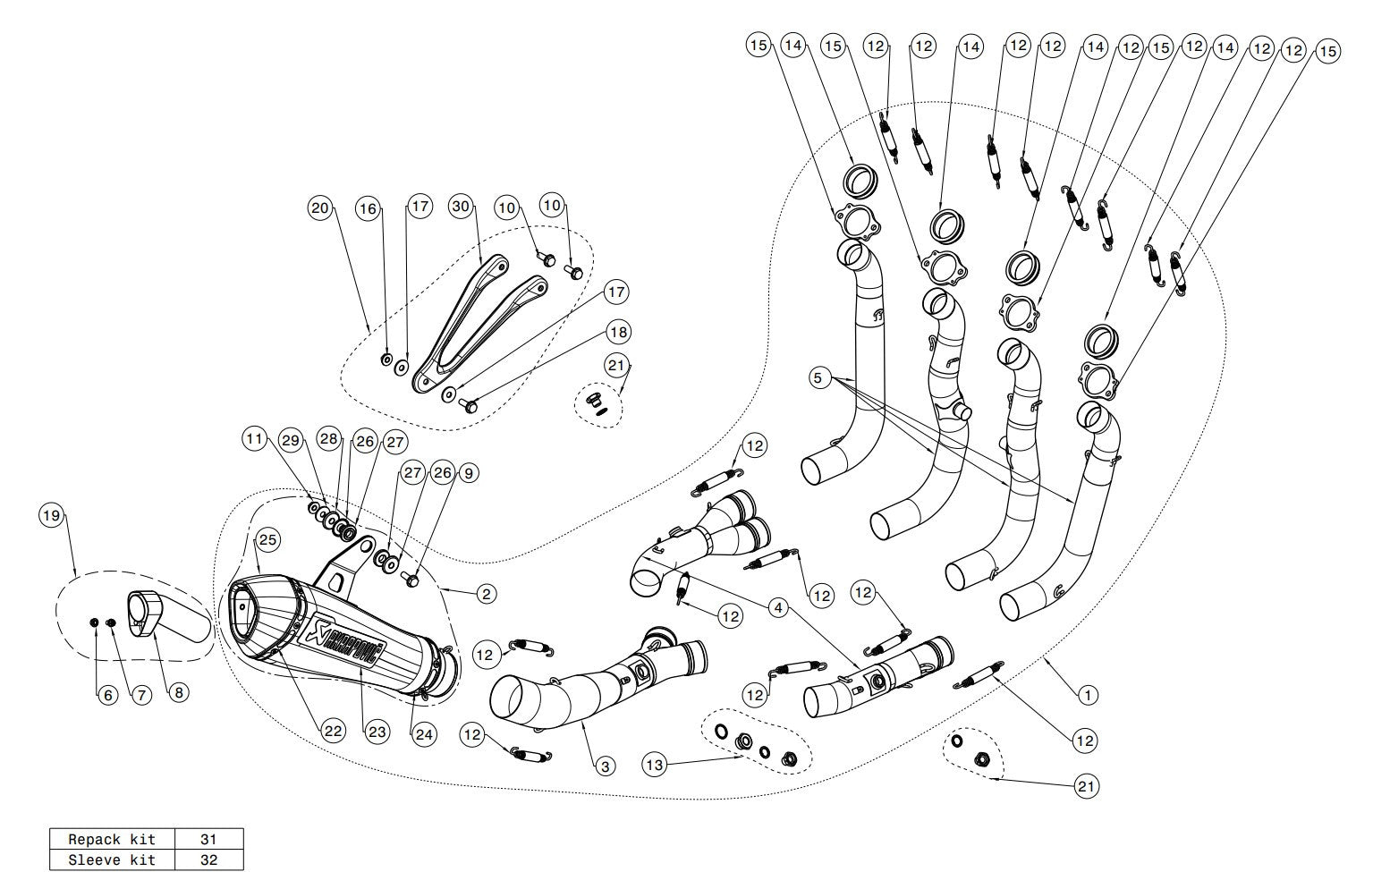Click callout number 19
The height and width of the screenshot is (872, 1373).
tap(52, 515)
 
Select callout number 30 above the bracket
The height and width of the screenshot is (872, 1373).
tap(461, 207)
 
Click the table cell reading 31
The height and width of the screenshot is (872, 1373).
tap(209, 840)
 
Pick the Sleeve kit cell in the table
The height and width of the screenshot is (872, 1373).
tap(112, 860)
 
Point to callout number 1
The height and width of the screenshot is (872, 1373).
tap(1087, 694)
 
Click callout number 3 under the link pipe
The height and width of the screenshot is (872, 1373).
tap(606, 766)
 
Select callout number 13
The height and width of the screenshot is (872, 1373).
tap(656, 765)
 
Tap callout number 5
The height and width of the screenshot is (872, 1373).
tap(818, 378)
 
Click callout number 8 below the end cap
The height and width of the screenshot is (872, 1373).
tap(178, 692)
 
